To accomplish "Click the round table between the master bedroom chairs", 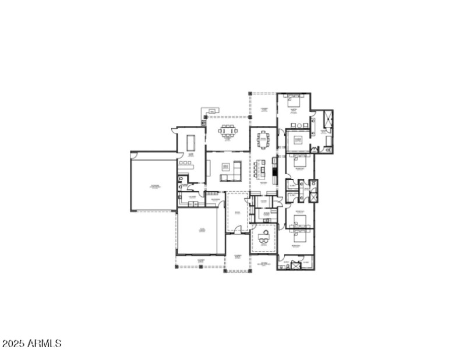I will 297,125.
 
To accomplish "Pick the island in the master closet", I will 298,140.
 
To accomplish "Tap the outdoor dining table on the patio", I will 228,130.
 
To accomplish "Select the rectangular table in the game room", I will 190,143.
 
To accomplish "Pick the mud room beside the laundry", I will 215,200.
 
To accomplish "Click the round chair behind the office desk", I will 264,231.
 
